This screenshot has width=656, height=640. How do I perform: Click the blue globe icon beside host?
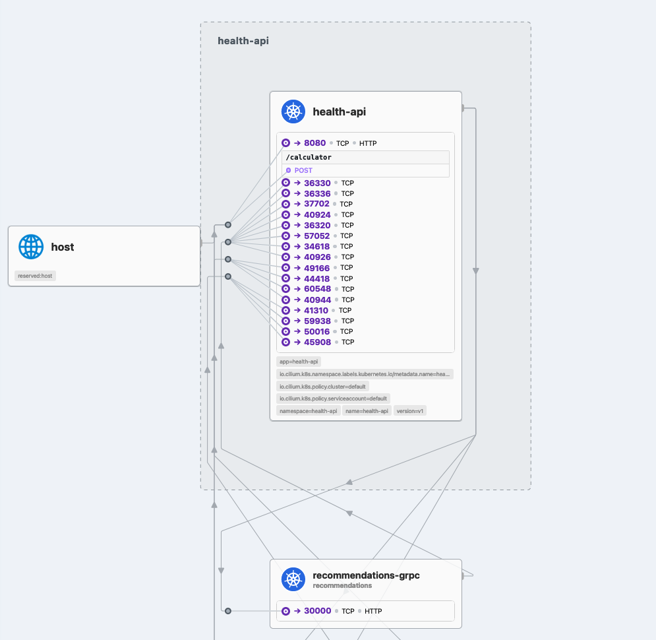(x=31, y=247)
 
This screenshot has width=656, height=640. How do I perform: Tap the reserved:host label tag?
(x=36, y=276)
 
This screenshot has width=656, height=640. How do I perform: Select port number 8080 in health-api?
(x=314, y=143)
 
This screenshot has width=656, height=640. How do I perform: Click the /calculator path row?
(x=309, y=158)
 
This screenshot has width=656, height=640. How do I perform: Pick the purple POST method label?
(x=303, y=170)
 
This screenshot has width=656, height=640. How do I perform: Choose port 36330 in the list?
(x=317, y=183)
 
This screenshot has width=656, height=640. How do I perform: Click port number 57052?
(x=317, y=236)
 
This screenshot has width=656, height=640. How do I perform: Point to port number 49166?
(x=317, y=268)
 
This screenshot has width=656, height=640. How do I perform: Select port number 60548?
(x=317, y=289)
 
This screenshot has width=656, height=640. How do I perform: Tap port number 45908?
(x=317, y=342)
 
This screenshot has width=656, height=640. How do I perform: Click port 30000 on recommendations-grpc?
(x=317, y=611)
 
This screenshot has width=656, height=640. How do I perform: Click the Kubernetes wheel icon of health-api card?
(x=293, y=112)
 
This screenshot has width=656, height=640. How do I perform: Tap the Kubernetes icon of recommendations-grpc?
(x=293, y=579)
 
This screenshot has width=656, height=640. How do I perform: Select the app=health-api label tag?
(x=299, y=362)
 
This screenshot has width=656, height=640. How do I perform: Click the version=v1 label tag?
(x=410, y=410)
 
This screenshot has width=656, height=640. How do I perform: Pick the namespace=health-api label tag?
(x=308, y=410)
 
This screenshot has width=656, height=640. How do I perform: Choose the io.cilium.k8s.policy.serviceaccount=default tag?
(x=333, y=399)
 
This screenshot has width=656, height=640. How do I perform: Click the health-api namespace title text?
(x=243, y=41)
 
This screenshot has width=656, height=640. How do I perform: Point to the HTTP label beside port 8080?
(x=368, y=143)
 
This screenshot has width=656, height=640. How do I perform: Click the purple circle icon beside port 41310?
(x=286, y=310)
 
